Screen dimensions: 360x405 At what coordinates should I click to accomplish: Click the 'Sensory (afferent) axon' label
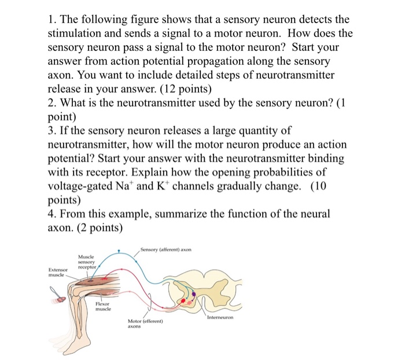pos(165,249)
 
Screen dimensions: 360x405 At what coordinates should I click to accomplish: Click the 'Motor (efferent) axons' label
pos(146,323)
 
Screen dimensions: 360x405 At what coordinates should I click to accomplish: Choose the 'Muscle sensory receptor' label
pos(87,262)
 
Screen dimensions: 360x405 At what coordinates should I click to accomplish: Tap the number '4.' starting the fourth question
pos(53,214)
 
